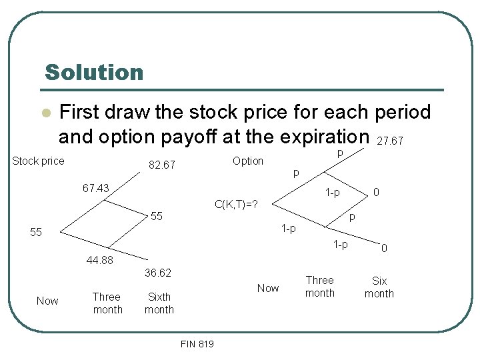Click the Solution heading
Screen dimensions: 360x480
[x=94, y=72]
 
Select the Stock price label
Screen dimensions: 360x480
[x=39, y=161]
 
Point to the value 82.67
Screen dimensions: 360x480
[x=161, y=165]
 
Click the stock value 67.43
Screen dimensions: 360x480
[x=95, y=189]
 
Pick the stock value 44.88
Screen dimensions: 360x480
[x=99, y=260]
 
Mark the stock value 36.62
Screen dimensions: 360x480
[x=158, y=273]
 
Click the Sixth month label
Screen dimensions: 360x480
[x=159, y=303]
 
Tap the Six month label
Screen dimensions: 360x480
[x=379, y=287]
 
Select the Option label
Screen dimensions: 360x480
[x=248, y=161]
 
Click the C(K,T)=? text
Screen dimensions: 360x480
[x=236, y=204]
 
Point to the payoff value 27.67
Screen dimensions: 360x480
[x=390, y=141]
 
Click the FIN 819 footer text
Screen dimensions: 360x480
[x=197, y=344]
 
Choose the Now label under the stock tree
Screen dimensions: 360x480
[x=47, y=301]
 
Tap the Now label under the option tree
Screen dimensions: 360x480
[x=268, y=288]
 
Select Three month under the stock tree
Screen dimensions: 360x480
[x=107, y=303]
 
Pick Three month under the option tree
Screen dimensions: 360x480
[x=320, y=287]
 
